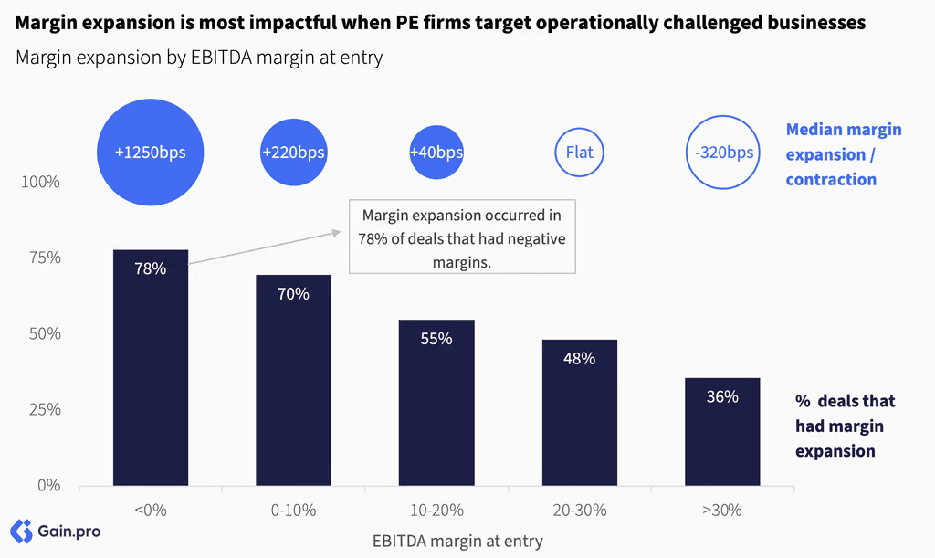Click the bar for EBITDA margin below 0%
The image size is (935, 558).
(x=151, y=367)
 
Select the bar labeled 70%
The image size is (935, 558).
(x=293, y=380)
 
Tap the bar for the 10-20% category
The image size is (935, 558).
(x=436, y=403)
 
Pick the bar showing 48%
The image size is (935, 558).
(x=580, y=413)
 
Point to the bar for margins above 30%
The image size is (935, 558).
(x=722, y=432)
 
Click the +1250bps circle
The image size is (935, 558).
(x=151, y=153)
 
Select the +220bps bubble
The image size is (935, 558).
(x=293, y=153)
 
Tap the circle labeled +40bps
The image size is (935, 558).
(x=436, y=153)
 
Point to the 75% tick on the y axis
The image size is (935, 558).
(x=45, y=258)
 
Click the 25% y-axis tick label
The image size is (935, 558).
(x=45, y=409)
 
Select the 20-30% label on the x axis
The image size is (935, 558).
(x=580, y=511)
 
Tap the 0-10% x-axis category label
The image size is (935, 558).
(x=293, y=511)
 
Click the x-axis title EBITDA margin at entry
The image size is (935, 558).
(x=457, y=542)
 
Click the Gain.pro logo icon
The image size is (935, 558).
(x=21, y=532)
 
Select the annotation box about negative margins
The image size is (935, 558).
(x=462, y=237)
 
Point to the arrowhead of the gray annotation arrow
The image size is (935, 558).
(x=337, y=233)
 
